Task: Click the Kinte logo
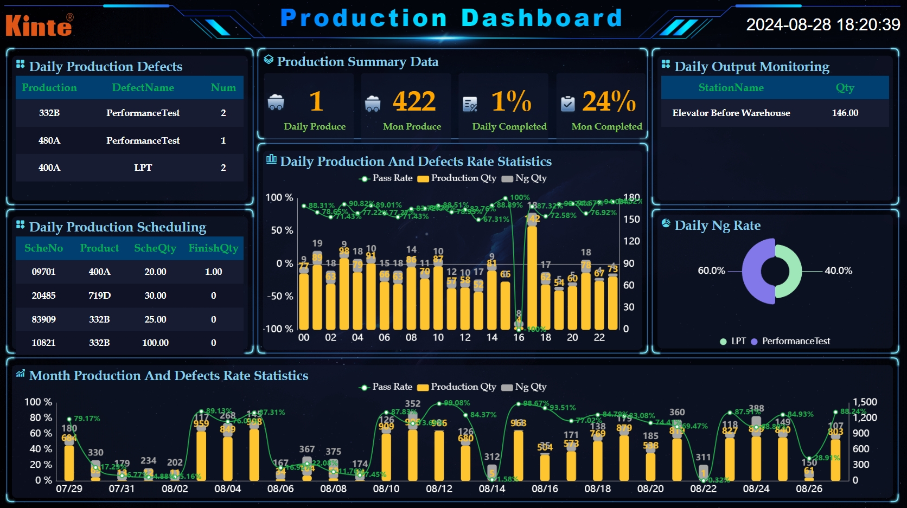click(x=39, y=25)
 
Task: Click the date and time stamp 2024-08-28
click(x=822, y=24)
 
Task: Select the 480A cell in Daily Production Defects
click(x=49, y=140)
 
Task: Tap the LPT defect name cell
click(x=143, y=168)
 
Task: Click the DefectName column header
click(x=143, y=88)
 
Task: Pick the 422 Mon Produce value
click(x=414, y=101)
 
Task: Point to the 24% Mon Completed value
click(x=609, y=101)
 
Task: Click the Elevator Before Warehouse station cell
click(x=731, y=113)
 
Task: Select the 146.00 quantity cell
click(x=845, y=113)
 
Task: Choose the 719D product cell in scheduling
click(x=99, y=295)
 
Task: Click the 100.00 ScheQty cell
click(x=155, y=343)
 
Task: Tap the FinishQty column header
click(x=213, y=248)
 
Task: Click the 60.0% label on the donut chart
click(x=711, y=271)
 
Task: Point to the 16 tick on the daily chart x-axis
click(x=519, y=338)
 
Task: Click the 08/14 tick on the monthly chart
click(x=492, y=488)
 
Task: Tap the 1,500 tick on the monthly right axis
click(x=865, y=402)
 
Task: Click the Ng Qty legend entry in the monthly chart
click(x=525, y=387)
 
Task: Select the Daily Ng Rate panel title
click(x=717, y=226)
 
